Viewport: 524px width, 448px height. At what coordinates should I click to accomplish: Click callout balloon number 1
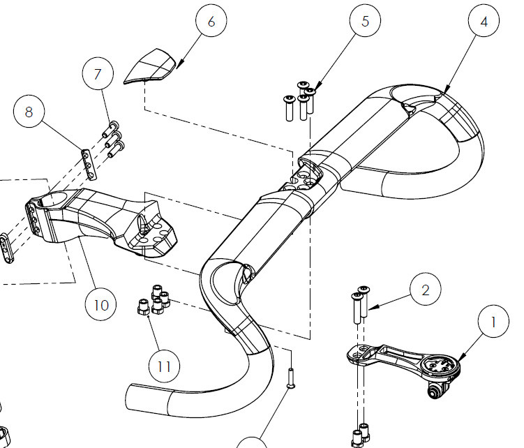click(493, 324)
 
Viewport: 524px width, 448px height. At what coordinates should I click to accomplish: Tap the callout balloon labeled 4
click(484, 22)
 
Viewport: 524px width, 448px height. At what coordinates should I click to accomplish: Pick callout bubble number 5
click(366, 22)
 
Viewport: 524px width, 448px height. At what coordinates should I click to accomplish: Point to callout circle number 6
click(211, 22)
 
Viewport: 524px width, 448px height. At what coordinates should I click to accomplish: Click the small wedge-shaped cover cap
click(150, 70)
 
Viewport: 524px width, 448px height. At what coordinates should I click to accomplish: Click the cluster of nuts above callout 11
click(154, 301)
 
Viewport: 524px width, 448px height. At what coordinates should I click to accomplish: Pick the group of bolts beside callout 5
click(299, 99)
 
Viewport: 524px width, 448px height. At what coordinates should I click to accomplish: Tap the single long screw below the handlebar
click(290, 378)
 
